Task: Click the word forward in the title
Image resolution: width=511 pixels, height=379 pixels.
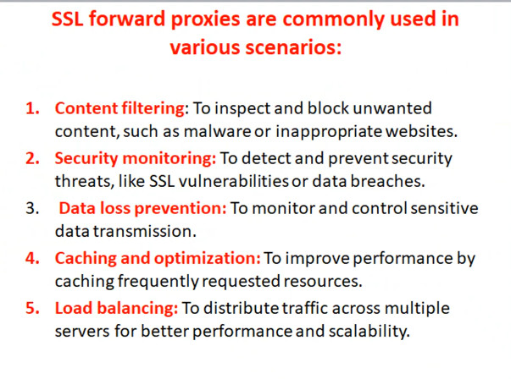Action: tap(127, 19)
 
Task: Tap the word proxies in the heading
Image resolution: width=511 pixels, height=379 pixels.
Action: tap(206, 19)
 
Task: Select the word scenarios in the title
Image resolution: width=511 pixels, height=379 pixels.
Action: tap(293, 47)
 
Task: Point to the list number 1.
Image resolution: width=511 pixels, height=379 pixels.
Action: tap(32, 108)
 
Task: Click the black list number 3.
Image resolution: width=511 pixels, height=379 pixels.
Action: tap(32, 208)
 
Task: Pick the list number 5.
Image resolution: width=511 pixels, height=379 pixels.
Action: tap(32, 308)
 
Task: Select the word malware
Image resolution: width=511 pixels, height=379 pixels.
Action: tap(218, 132)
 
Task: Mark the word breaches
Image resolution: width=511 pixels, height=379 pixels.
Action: tap(387, 181)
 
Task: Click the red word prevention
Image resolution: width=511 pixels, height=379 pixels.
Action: tap(180, 209)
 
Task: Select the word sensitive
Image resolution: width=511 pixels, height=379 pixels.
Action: tap(444, 208)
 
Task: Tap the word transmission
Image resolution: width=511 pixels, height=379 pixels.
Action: tap(144, 232)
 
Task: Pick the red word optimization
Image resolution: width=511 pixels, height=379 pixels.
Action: tap(207, 259)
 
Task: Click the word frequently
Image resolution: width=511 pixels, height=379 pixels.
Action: tap(158, 282)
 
